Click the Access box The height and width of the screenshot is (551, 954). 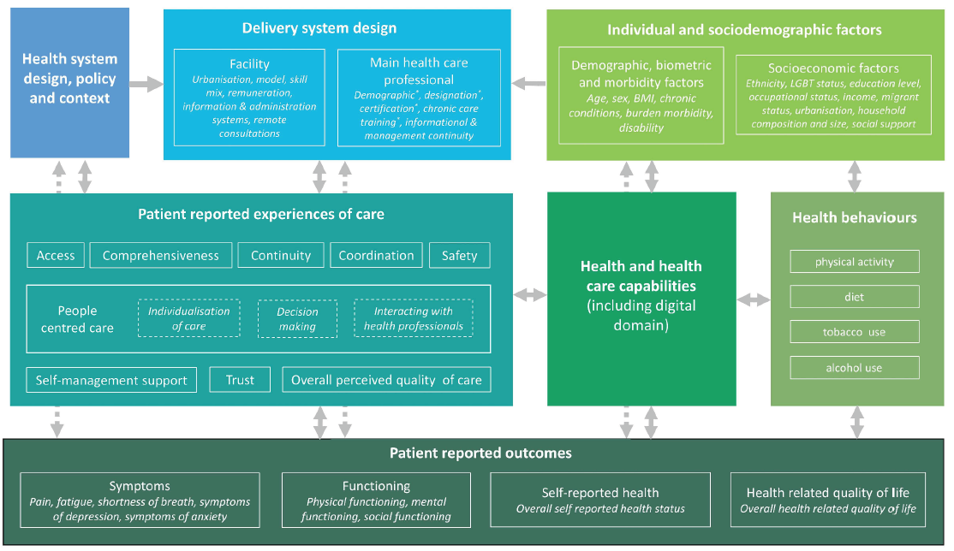[x=56, y=255]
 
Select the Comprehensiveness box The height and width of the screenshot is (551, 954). [x=161, y=255]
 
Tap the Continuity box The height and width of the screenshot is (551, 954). [x=281, y=255]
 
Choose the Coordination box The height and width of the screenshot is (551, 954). [x=376, y=255]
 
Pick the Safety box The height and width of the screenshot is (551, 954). [x=459, y=255]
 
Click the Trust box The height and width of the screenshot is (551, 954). [x=240, y=380]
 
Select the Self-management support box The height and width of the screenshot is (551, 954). [x=111, y=380]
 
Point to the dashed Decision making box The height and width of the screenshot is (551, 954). [x=297, y=319]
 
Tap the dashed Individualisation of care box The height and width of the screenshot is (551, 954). [x=189, y=319]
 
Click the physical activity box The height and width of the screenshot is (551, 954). [x=855, y=262]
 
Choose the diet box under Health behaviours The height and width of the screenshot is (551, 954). [x=855, y=297]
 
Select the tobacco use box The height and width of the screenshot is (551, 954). [x=855, y=332]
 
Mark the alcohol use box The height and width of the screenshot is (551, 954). [x=855, y=368]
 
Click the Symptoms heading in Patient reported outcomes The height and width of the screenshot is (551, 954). [x=140, y=486]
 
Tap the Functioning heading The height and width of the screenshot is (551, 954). [x=377, y=486]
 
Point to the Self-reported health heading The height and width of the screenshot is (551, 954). [x=600, y=492]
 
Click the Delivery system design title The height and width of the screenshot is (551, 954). [x=319, y=28]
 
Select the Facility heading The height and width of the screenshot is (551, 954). [x=249, y=63]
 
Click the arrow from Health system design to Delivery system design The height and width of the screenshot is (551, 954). [x=146, y=83]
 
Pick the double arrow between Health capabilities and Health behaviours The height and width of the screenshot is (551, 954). [x=754, y=299]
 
